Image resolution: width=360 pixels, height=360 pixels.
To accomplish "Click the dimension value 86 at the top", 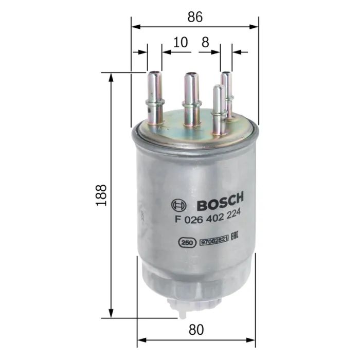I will [x=195, y=16].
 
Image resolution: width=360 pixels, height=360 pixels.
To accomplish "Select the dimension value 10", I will [x=180, y=43].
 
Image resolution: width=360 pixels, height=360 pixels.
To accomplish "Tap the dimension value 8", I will [x=205, y=43].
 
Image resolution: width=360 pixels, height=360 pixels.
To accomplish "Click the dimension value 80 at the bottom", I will [x=195, y=329].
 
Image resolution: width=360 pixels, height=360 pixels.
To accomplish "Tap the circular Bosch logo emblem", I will [x=178, y=206].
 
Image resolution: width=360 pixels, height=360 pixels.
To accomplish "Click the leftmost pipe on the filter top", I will [x=154, y=98].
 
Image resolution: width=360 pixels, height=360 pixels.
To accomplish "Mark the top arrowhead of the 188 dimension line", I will [x=111, y=76].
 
